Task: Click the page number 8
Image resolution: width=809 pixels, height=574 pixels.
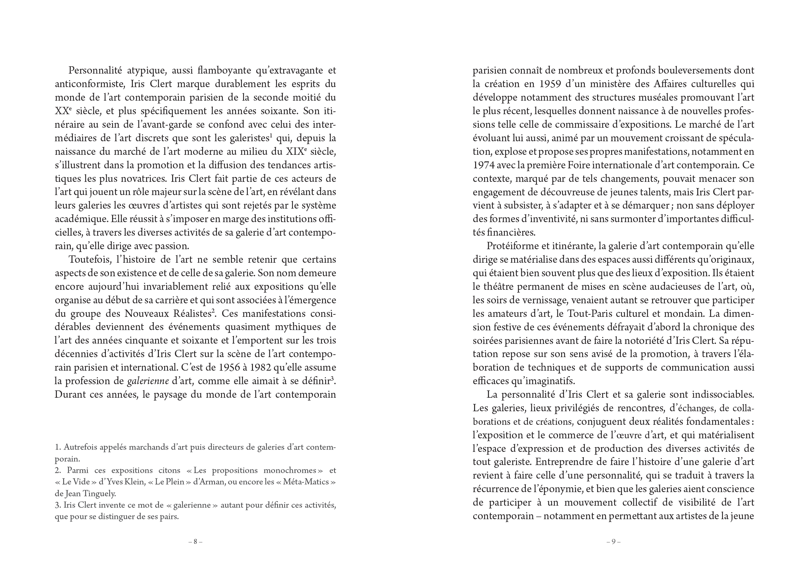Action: click(x=195, y=541)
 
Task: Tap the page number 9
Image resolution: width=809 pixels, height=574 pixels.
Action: click(x=614, y=541)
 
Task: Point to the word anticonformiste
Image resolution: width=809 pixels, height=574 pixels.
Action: click(x=90, y=84)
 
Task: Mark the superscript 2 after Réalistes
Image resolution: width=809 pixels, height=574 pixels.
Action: click(x=213, y=311)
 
